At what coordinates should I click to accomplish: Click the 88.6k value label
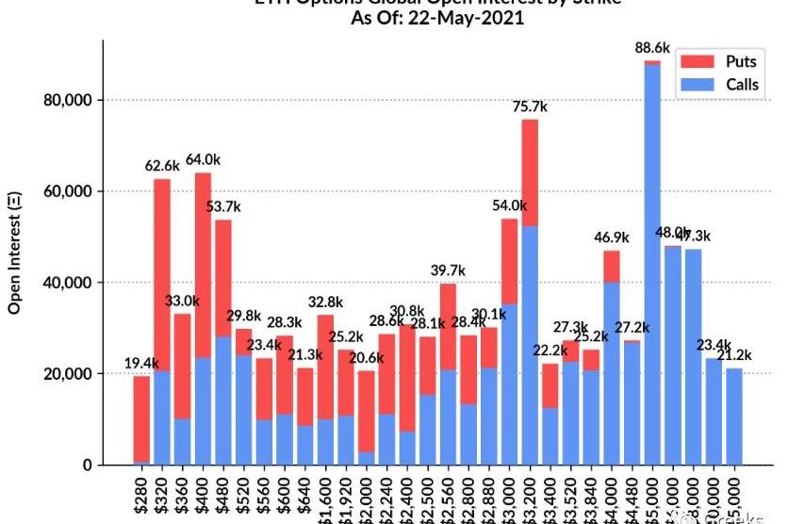coord(652,47)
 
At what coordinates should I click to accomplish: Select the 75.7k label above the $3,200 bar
coord(530,107)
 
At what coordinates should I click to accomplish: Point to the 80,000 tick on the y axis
coord(71,101)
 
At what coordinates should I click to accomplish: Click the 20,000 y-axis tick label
coord(71,374)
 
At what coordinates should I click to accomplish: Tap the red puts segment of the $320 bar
coord(162,274)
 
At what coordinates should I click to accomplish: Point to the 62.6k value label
coord(162,167)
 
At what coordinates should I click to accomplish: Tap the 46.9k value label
coord(612,238)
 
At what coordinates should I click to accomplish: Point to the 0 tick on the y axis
coord(90,466)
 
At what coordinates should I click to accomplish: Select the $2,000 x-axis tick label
coord(367,494)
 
